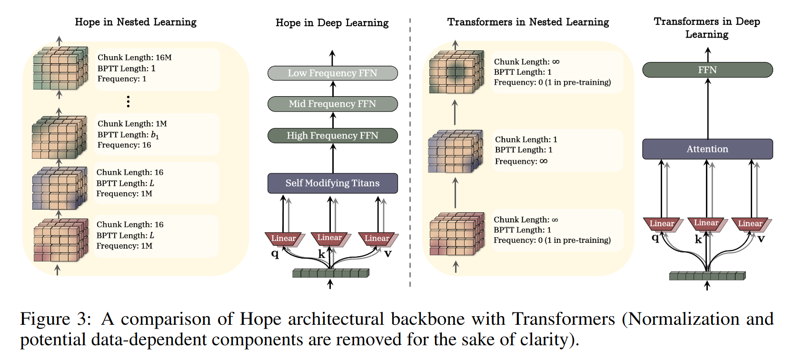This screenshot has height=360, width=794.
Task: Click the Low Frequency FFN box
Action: tap(332, 73)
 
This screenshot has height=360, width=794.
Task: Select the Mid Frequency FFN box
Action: tap(332, 104)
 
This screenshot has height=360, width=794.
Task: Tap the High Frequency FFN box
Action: tap(332, 136)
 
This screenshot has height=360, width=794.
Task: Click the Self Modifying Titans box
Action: tap(332, 183)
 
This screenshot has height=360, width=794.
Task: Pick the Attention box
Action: tap(707, 149)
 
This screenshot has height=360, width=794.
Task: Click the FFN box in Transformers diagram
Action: tap(707, 70)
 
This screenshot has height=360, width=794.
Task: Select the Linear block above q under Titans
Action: tap(284, 238)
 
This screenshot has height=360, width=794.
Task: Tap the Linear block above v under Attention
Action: tap(750, 223)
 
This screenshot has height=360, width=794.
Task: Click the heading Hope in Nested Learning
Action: tap(136, 22)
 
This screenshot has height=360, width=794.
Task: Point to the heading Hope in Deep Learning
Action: tap(332, 23)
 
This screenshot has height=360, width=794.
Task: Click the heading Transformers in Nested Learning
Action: tap(528, 22)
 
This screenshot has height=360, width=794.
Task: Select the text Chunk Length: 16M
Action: tap(134, 58)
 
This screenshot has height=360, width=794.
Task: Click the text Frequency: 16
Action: tap(124, 145)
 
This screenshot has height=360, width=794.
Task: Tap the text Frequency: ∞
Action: tap(521, 161)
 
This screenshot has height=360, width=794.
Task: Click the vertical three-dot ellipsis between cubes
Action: tap(128, 101)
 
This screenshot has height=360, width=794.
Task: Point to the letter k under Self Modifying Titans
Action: tap(322, 254)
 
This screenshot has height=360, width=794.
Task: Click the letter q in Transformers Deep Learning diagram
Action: tap(655, 238)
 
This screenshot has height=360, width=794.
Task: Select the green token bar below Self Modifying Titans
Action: tap(330, 273)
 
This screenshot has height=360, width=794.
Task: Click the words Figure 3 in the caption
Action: tap(55, 319)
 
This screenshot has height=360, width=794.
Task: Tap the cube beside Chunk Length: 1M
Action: tap(59, 138)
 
